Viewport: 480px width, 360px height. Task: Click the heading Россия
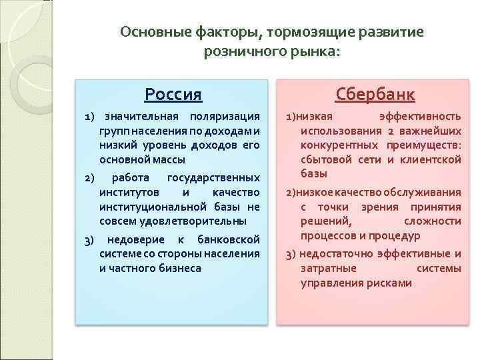pyautogui.click(x=173, y=94)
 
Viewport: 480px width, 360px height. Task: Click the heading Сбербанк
pyautogui.click(x=375, y=94)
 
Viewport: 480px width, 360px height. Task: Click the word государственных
pyautogui.click(x=213, y=177)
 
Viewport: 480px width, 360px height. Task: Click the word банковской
pyautogui.click(x=229, y=239)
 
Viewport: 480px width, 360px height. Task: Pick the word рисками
pyautogui.click(x=390, y=283)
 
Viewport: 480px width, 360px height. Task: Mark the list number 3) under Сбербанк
pyautogui.click(x=291, y=254)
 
